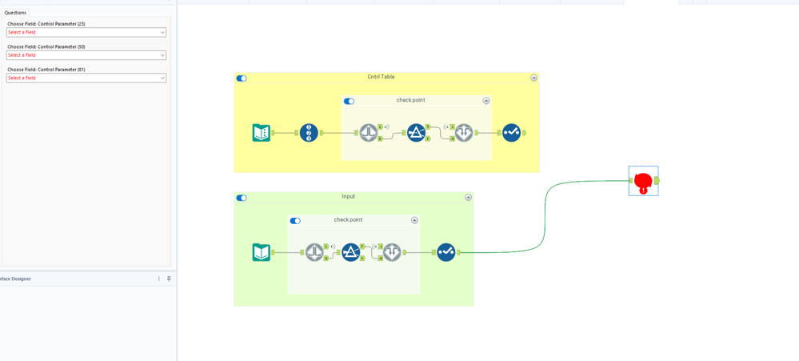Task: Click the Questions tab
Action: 16,13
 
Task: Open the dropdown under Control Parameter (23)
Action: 86,33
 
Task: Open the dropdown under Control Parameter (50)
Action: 86,55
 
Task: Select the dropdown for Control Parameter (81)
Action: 86,78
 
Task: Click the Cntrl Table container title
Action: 381,77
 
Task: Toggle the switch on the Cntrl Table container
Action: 242,78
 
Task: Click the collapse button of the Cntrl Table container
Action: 533,78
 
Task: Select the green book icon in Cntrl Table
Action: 262,133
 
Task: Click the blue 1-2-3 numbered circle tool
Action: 309,133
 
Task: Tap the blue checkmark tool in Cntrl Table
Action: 511,133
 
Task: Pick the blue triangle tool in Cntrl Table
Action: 416,133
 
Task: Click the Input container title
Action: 348,196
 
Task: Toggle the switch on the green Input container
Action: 242,198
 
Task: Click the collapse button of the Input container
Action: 468,197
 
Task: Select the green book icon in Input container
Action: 262,252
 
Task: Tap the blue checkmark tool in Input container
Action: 445,252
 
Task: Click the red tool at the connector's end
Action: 644,182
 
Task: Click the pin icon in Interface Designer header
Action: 169,279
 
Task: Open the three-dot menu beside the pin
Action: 159,279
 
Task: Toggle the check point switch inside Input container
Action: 295,221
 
